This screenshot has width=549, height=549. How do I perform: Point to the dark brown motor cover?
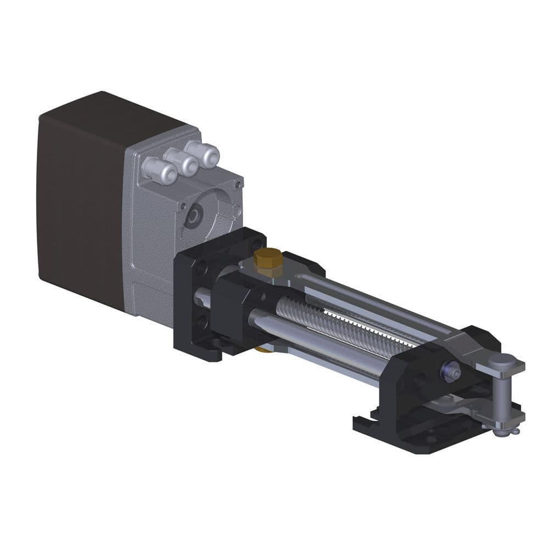click(82, 203)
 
